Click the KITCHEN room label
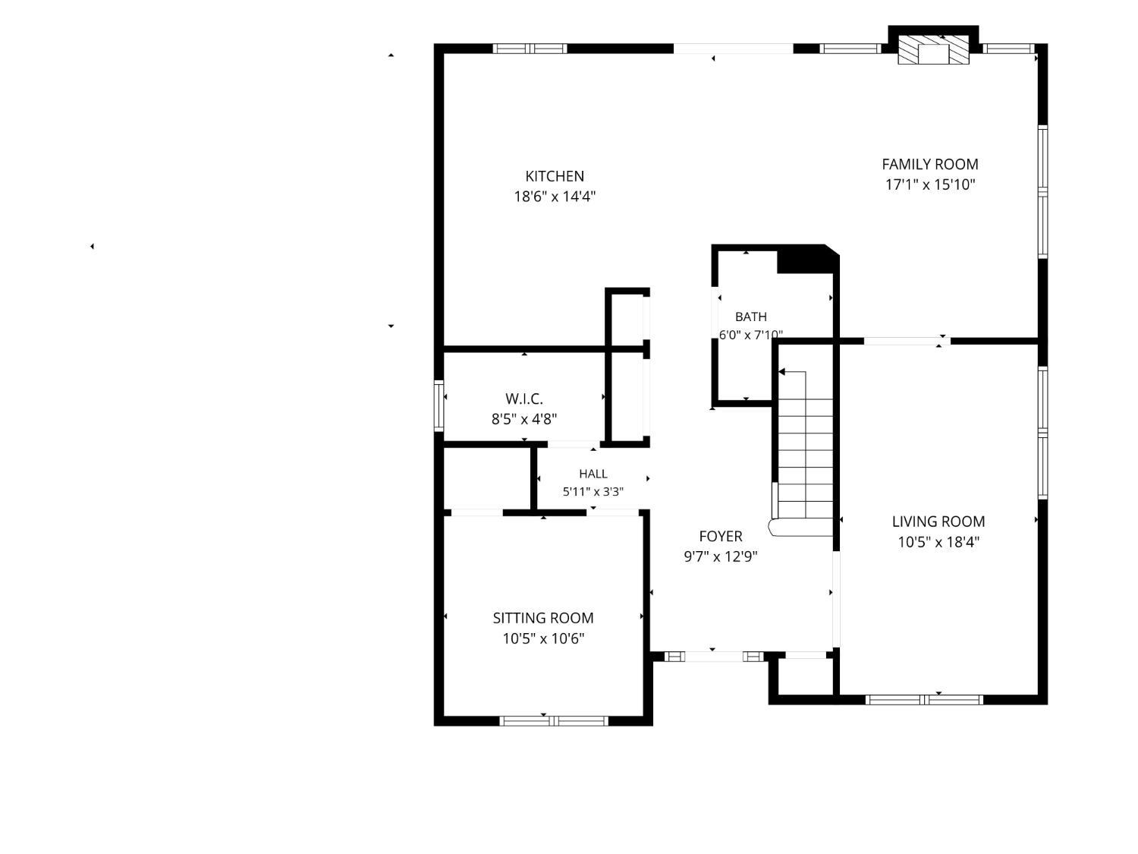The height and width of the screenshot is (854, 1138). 555,176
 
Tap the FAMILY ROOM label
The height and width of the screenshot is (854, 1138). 929,165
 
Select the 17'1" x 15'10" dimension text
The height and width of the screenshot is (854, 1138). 930,184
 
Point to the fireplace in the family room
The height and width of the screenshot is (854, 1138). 933,50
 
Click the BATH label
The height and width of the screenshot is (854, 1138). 751,317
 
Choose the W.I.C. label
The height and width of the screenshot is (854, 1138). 524,399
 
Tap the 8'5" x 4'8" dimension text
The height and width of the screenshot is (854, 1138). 524,419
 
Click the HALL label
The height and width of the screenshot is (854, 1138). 593,474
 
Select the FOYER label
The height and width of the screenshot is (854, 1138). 721,536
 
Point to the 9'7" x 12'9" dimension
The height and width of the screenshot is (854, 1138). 721,556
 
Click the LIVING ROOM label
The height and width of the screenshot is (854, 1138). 938,522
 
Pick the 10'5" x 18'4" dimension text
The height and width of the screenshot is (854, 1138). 938,542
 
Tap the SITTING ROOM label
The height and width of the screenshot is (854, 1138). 542,618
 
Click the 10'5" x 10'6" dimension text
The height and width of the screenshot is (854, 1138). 543,639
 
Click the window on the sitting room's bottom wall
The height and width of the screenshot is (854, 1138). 553,720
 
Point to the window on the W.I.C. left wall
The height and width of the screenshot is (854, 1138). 439,406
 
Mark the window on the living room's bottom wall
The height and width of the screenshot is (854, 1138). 924,700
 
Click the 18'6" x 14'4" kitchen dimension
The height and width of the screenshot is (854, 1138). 555,197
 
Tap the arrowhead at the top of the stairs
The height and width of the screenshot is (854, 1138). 782,372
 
